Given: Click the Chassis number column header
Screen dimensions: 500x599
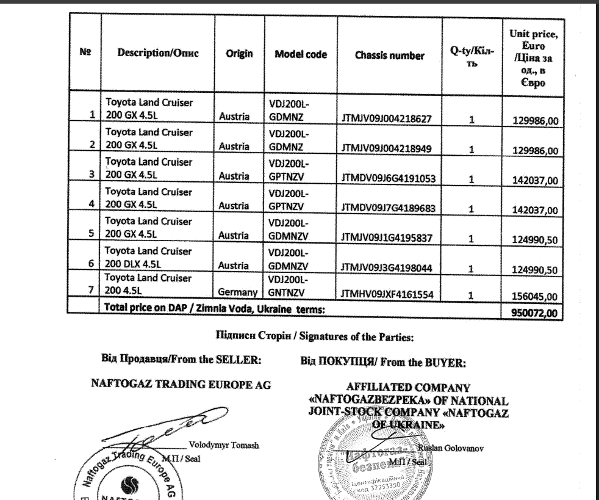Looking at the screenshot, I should tap(389, 56).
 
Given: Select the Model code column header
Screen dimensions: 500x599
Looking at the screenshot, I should tap(301, 54).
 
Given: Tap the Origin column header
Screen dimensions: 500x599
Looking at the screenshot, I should tap(239, 54).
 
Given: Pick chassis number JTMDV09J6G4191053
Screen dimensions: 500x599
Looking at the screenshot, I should tap(389, 178).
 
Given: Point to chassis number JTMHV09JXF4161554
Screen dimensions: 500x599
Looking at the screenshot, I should tap(388, 295).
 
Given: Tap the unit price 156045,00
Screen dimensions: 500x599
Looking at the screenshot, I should tap(534, 297).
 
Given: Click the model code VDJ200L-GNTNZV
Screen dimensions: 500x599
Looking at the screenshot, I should tap(290, 288).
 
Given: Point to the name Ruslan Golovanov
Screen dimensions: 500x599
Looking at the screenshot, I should tap(451, 449).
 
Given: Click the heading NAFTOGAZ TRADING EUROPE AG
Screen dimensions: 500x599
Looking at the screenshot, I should tap(180, 385).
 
